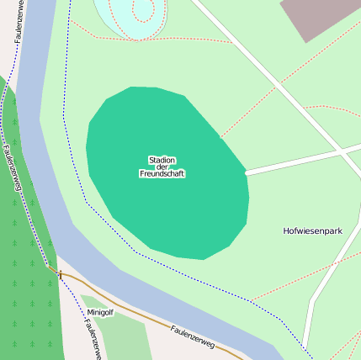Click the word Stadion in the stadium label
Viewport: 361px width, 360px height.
162,160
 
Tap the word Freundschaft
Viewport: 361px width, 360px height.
162,174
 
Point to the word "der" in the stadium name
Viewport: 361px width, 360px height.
162,167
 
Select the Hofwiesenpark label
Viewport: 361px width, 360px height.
313,230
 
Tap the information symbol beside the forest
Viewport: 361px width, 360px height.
61,274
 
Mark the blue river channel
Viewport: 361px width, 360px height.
38,126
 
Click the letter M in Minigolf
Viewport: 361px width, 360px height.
89,312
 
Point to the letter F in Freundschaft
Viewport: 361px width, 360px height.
141,174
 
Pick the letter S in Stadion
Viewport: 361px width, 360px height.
151,160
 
